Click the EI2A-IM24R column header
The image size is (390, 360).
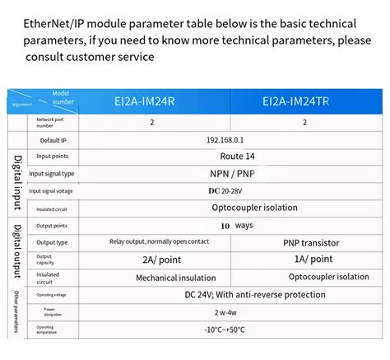point(152,103)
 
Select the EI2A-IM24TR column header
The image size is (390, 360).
point(304,103)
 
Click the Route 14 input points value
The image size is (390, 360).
point(238,157)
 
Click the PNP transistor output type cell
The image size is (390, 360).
point(304,243)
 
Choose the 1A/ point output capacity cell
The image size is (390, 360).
point(304,259)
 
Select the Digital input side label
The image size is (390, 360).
point(17,182)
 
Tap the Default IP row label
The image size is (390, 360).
point(53,140)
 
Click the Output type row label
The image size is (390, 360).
point(52,243)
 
